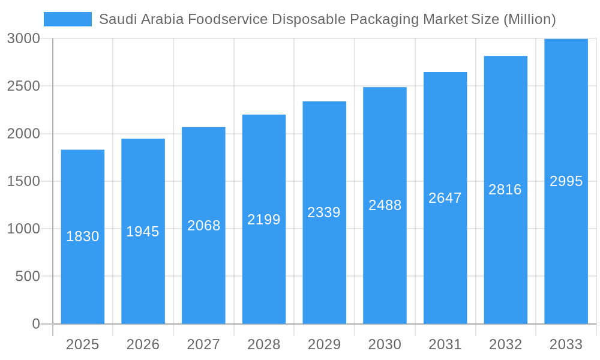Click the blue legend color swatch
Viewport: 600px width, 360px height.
(x=68, y=19)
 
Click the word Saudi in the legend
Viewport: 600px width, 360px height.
(x=114, y=19)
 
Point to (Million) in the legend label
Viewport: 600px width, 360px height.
(x=529, y=19)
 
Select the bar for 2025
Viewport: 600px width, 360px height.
(x=83, y=270)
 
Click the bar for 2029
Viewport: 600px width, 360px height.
(x=324, y=270)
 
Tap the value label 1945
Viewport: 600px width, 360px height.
(x=143, y=232)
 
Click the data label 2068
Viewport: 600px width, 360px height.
(x=204, y=226)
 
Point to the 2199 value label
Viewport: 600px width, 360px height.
(x=264, y=220)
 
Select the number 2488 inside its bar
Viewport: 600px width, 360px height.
(x=385, y=205)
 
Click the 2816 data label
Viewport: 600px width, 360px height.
(x=505, y=190)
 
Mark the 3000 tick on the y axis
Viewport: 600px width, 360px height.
(x=24, y=38)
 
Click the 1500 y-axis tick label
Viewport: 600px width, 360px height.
(x=24, y=181)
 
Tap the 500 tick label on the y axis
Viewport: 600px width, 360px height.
(x=28, y=276)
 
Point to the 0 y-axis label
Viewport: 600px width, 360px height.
(x=35, y=324)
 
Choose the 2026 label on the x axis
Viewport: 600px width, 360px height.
(x=143, y=344)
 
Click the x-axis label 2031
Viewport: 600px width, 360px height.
(x=445, y=344)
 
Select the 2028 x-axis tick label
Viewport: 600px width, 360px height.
(x=264, y=344)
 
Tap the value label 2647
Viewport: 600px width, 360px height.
(x=445, y=198)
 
